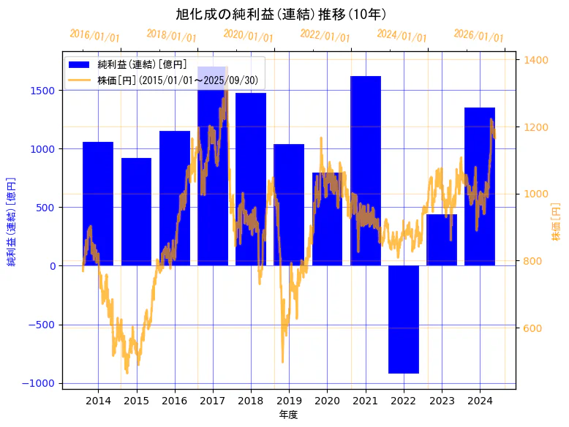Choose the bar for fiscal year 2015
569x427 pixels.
pyautogui.click(x=136, y=211)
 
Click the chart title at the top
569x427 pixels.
pyautogui.click(x=281, y=14)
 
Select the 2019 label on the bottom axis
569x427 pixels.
pyautogui.click(x=289, y=401)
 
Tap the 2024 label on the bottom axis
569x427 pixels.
pyautogui.click(x=480, y=401)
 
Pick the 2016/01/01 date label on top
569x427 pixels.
pyautogui.click(x=95, y=36)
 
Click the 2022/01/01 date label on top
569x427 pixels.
pyautogui.click(x=325, y=36)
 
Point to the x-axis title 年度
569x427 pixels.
pyautogui.click(x=289, y=415)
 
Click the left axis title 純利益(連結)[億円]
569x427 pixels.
pyautogui.click(x=11, y=221)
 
